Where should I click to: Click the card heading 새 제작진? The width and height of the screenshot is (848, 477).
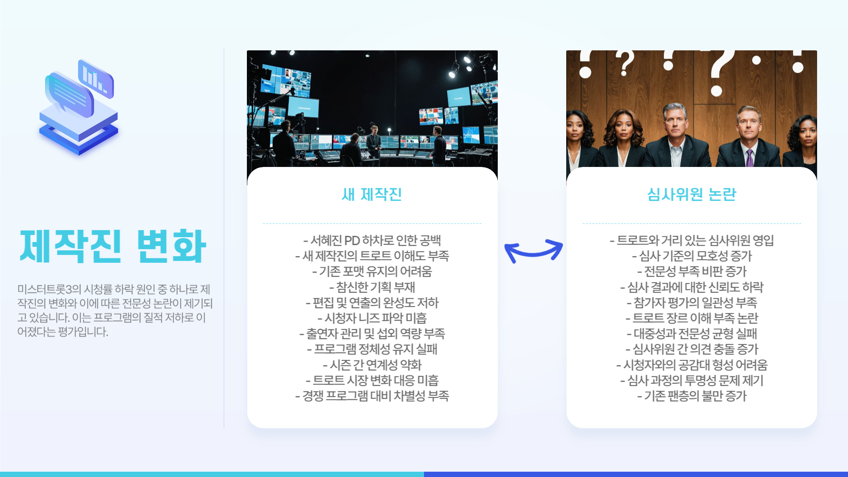(372, 194)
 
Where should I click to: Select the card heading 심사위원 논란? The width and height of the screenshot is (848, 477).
(692, 194)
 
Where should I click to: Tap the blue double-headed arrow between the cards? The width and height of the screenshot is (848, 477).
(534, 250)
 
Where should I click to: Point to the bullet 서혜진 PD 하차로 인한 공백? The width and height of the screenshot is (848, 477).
(372, 240)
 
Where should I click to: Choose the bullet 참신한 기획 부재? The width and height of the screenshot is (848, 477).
(372, 287)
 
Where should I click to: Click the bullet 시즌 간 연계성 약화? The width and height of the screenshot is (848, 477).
(372, 365)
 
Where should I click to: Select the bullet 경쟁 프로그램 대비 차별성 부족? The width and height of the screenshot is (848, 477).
(372, 396)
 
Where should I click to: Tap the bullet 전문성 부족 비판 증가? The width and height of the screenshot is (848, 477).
(692, 271)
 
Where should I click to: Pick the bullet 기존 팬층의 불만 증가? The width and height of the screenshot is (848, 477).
(692, 396)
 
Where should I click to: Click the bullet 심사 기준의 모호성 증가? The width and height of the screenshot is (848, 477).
(692, 256)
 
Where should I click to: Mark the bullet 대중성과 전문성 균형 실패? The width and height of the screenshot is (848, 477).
(692, 333)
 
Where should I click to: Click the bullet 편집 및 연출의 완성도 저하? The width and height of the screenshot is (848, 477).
(372, 303)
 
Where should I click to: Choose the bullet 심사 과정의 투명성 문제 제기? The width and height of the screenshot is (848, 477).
(692, 380)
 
